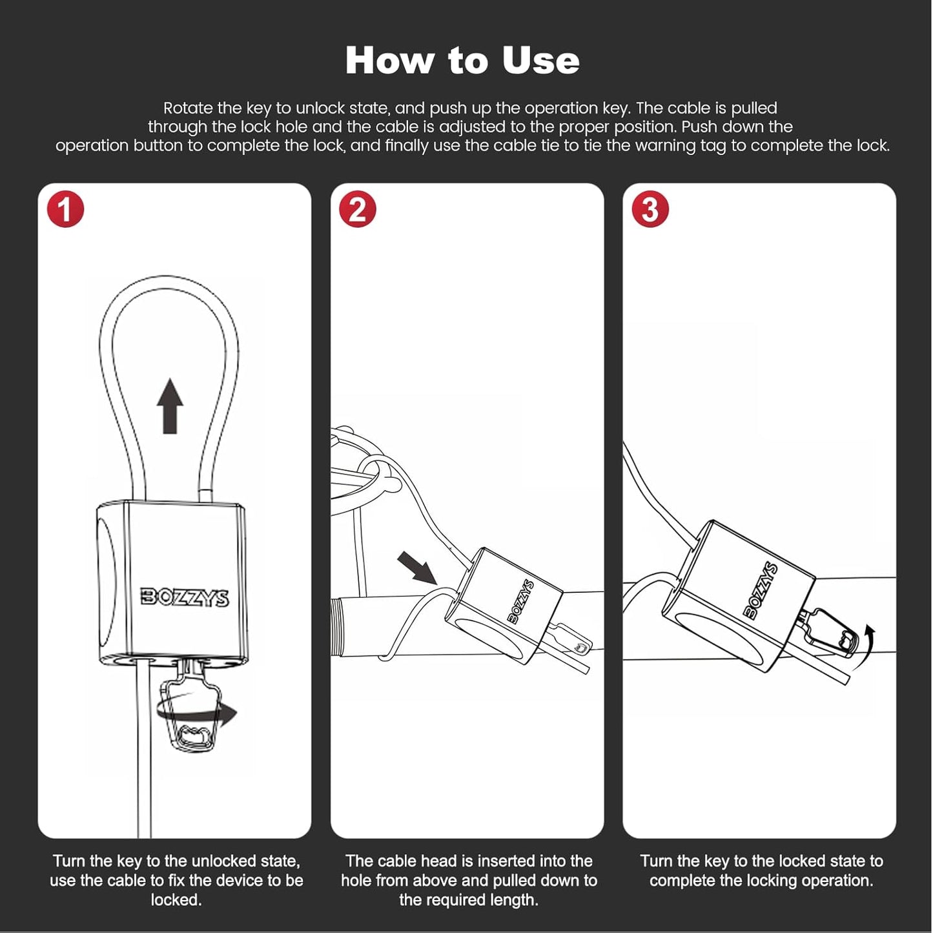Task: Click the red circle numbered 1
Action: coord(65,209)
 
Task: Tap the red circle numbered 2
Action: coord(358,209)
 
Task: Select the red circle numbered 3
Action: coord(650,209)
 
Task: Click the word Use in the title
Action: coord(540,61)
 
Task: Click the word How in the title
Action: coord(390,61)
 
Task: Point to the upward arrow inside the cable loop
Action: coord(170,405)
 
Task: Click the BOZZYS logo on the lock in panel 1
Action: coord(185,597)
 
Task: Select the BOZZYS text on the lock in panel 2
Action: coord(521,601)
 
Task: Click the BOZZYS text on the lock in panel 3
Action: coord(761,590)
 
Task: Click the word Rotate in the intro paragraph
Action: coord(188,108)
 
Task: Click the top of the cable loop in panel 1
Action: coord(169,278)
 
